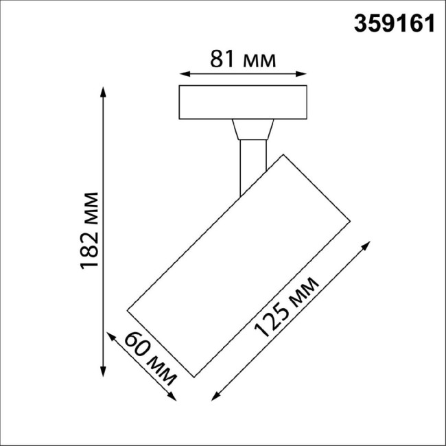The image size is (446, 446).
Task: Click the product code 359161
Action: (394, 23)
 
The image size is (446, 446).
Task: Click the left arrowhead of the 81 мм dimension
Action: (183, 73)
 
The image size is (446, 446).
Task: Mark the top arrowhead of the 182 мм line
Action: (103, 91)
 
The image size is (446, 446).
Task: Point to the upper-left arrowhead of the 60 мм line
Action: (109, 335)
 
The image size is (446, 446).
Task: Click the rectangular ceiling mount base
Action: (242, 102)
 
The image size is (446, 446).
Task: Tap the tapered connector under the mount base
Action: (253, 130)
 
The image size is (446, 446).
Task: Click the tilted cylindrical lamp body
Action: (240, 264)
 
